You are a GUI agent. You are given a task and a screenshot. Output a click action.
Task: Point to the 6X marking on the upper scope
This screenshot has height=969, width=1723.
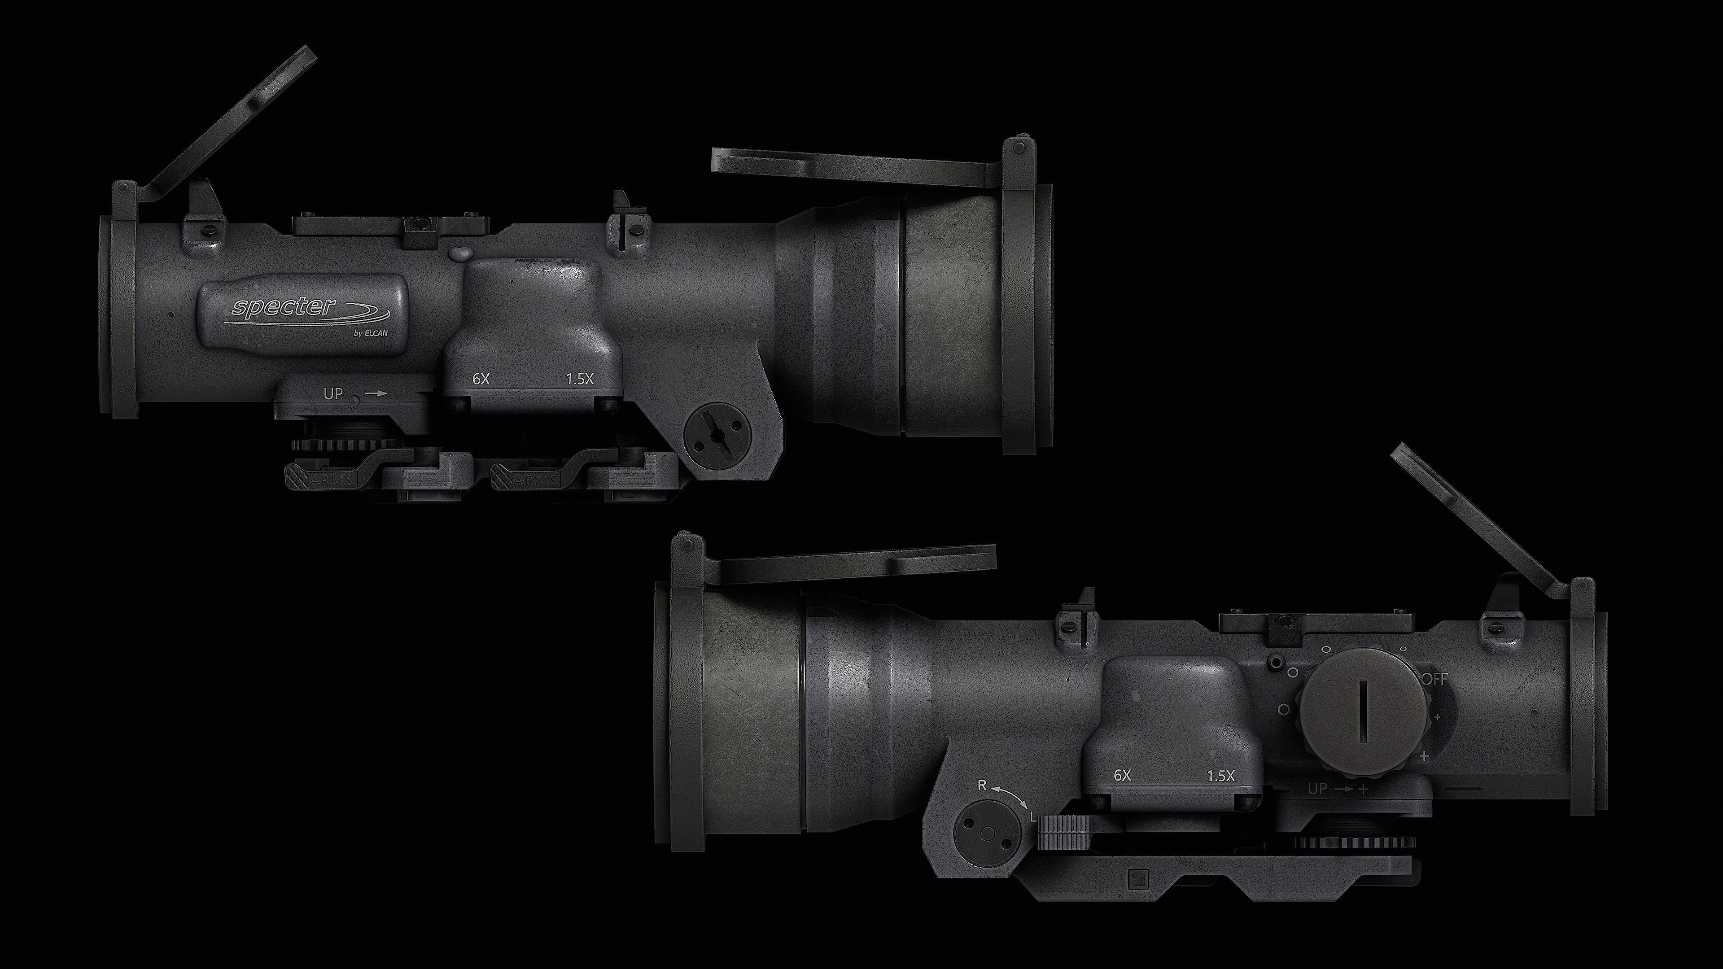click(x=481, y=379)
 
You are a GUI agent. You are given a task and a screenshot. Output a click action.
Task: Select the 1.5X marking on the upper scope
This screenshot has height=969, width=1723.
click(x=580, y=379)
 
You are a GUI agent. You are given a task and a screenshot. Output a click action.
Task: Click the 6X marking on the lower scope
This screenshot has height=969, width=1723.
click(x=1122, y=776)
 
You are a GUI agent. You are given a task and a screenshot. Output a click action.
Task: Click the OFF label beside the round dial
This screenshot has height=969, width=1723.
click(x=1435, y=680)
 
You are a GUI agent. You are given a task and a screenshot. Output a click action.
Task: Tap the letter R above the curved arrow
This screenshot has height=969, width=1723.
click(x=982, y=786)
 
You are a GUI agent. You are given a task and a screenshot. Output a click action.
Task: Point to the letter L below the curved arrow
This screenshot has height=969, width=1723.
click(x=1033, y=817)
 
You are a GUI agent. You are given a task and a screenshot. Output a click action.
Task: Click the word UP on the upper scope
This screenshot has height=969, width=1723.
click(x=333, y=394)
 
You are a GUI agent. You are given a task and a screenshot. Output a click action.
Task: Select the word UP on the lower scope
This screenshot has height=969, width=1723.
click(x=1317, y=789)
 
